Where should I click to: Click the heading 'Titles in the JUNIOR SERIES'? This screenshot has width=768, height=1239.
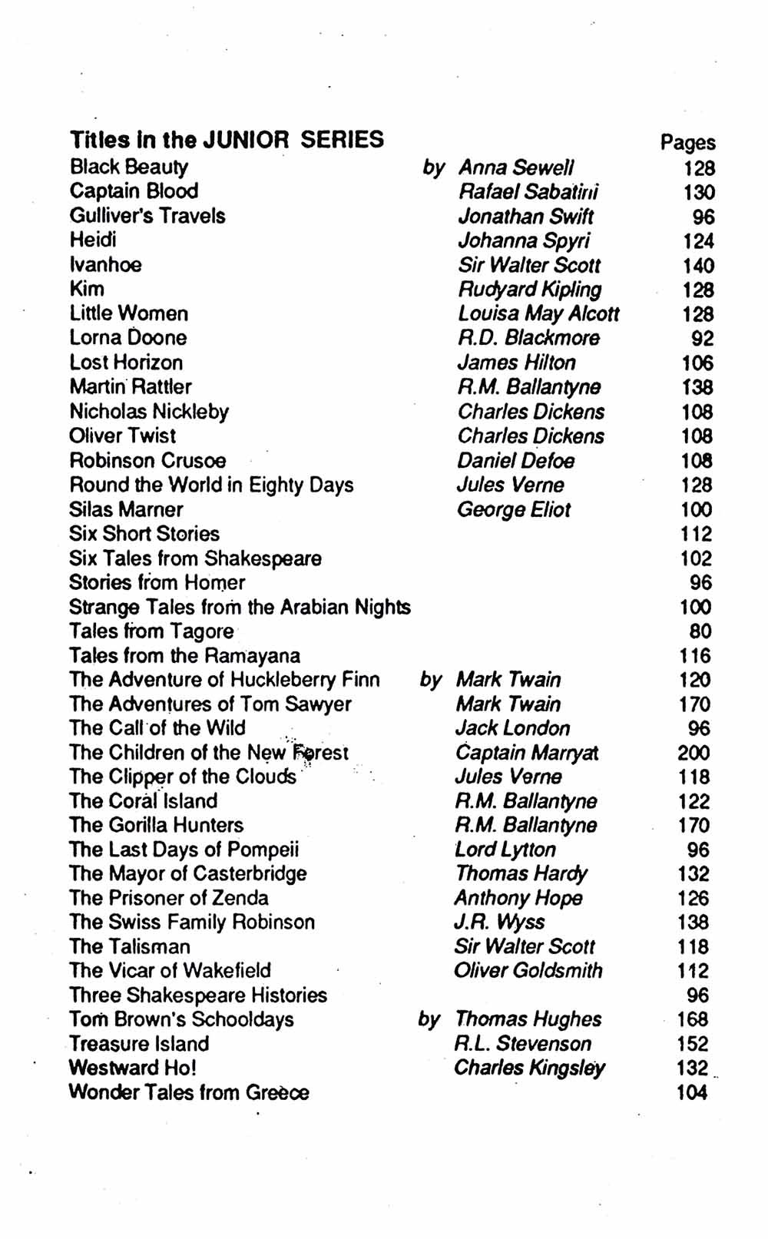pyautogui.click(x=227, y=140)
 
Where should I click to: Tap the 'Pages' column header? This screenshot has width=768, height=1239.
pyautogui.click(x=687, y=142)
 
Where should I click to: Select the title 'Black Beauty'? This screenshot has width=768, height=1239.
pyautogui.click(x=129, y=167)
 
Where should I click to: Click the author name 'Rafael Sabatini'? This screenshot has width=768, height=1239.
pyautogui.click(x=528, y=192)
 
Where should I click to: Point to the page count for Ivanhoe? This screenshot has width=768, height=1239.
pyautogui.click(x=698, y=266)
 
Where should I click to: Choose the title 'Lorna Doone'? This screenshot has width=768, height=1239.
pyautogui.click(x=128, y=337)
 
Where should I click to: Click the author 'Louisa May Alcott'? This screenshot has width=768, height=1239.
pyautogui.click(x=538, y=313)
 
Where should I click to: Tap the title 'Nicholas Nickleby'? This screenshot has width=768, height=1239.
pyautogui.click(x=149, y=412)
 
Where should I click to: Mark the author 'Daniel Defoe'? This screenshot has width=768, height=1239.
pyautogui.click(x=515, y=461)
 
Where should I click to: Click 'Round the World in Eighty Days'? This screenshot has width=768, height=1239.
pyautogui.click(x=211, y=485)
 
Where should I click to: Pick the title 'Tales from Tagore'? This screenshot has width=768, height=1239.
pyautogui.click(x=151, y=631)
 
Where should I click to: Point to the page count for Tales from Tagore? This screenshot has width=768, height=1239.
pyautogui.click(x=700, y=631)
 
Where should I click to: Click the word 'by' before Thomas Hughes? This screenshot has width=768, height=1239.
pyautogui.click(x=429, y=1019)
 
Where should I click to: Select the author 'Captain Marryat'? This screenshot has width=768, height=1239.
pyautogui.click(x=527, y=753)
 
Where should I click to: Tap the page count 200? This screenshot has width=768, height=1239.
pyautogui.click(x=694, y=753)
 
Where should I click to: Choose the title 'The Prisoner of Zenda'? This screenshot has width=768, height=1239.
pyautogui.click(x=169, y=898)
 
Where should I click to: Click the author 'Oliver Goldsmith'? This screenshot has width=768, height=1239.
pyautogui.click(x=528, y=971)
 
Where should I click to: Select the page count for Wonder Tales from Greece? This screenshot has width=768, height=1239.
pyautogui.click(x=692, y=1093)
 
